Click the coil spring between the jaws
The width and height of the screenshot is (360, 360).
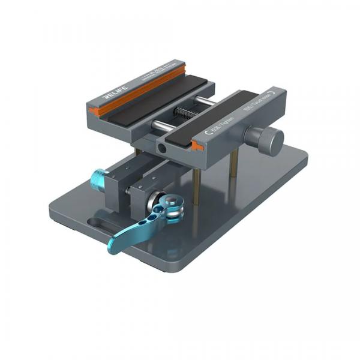click(182, 112)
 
